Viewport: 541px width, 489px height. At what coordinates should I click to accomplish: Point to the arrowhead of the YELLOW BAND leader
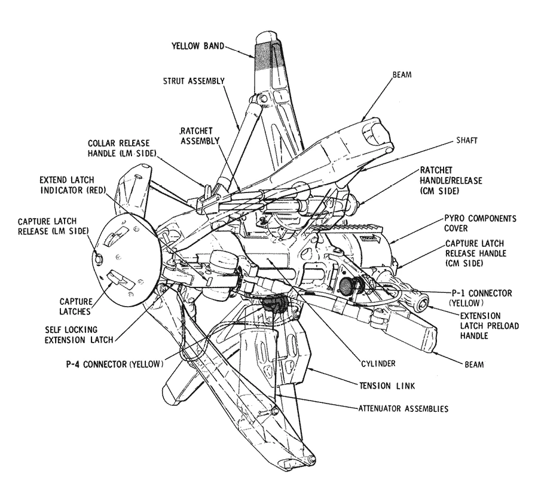253,56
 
